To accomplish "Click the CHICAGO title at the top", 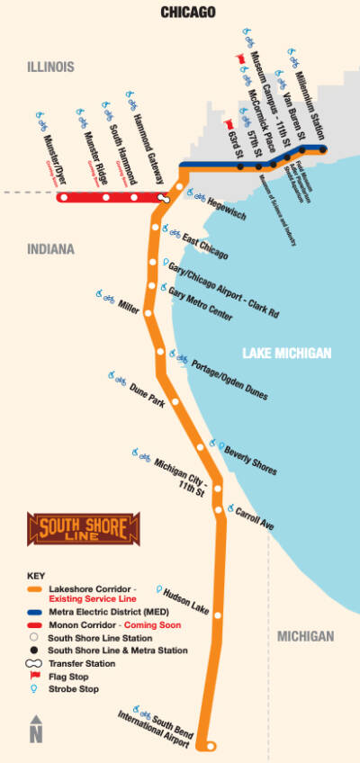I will (x=188, y=12).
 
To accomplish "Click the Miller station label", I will (x=129, y=306).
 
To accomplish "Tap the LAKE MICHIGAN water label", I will (x=286, y=353).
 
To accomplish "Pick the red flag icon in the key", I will (x=36, y=676).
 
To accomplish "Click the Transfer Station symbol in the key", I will (x=36, y=662).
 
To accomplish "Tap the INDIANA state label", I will (x=50, y=249).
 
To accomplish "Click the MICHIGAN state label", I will (x=305, y=636).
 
